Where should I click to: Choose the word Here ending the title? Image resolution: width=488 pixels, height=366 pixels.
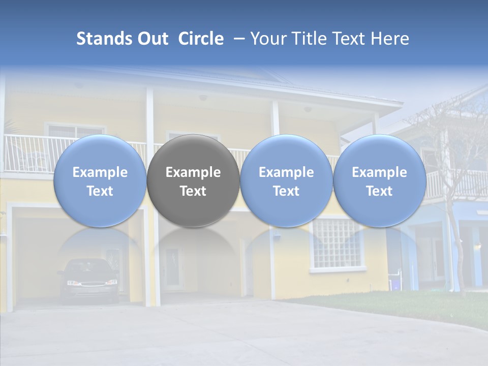tap(390, 39)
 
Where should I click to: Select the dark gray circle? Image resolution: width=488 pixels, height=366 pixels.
tap(193, 181)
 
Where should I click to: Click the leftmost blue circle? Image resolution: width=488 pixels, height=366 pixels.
tap(100, 181)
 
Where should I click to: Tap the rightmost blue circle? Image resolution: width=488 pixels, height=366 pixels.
tap(379, 181)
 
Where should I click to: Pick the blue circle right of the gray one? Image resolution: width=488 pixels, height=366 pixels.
tap(286, 181)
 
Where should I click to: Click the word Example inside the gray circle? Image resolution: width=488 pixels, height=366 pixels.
tap(193, 172)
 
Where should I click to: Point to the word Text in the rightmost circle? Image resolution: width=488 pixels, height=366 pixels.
tap(379, 191)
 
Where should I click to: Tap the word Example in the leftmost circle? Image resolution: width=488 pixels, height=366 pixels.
tap(100, 172)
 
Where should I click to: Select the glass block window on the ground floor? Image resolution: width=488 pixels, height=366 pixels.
tap(336, 243)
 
